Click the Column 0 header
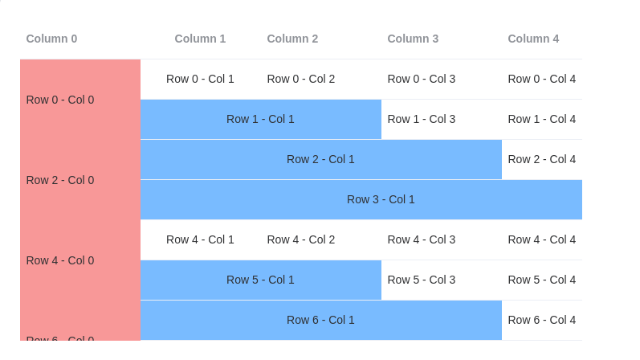click(x=51, y=39)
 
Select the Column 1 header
click(x=200, y=39)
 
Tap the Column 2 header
click(x=292, y=39)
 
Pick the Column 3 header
click(x=413, y=39)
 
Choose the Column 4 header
click(x=533, y=39)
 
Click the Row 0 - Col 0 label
click(x=60, y=100)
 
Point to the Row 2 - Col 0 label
click(x=60, y=180)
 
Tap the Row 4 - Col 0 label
click(x=60, y=260)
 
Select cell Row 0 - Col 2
click(x=301, y=79)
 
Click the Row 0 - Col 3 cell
click(x=422, y=79)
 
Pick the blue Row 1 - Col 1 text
click(x=260, y=119)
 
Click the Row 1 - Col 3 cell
click(x=422, y=119)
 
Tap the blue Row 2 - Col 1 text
click(x=320, y=159)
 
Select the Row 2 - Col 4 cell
click(x=542, y=159)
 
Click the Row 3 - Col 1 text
click(x=381, y=199)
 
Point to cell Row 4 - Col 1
click(x=200, y=239)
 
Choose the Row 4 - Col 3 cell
click(x=422, y=239)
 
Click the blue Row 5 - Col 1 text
click(x=260, y=280)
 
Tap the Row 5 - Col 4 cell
click(x=542, y=280)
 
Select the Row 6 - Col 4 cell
click(x=542, y=320)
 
